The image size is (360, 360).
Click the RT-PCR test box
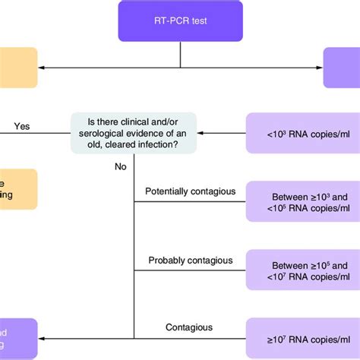(x=180, y=21)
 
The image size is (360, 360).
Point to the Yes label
(x=22, y=126)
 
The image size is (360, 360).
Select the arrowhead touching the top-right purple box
(x=319, y=68)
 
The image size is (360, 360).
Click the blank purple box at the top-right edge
(x=341, y=68)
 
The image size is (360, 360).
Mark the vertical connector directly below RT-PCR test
(x=180, y=54)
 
